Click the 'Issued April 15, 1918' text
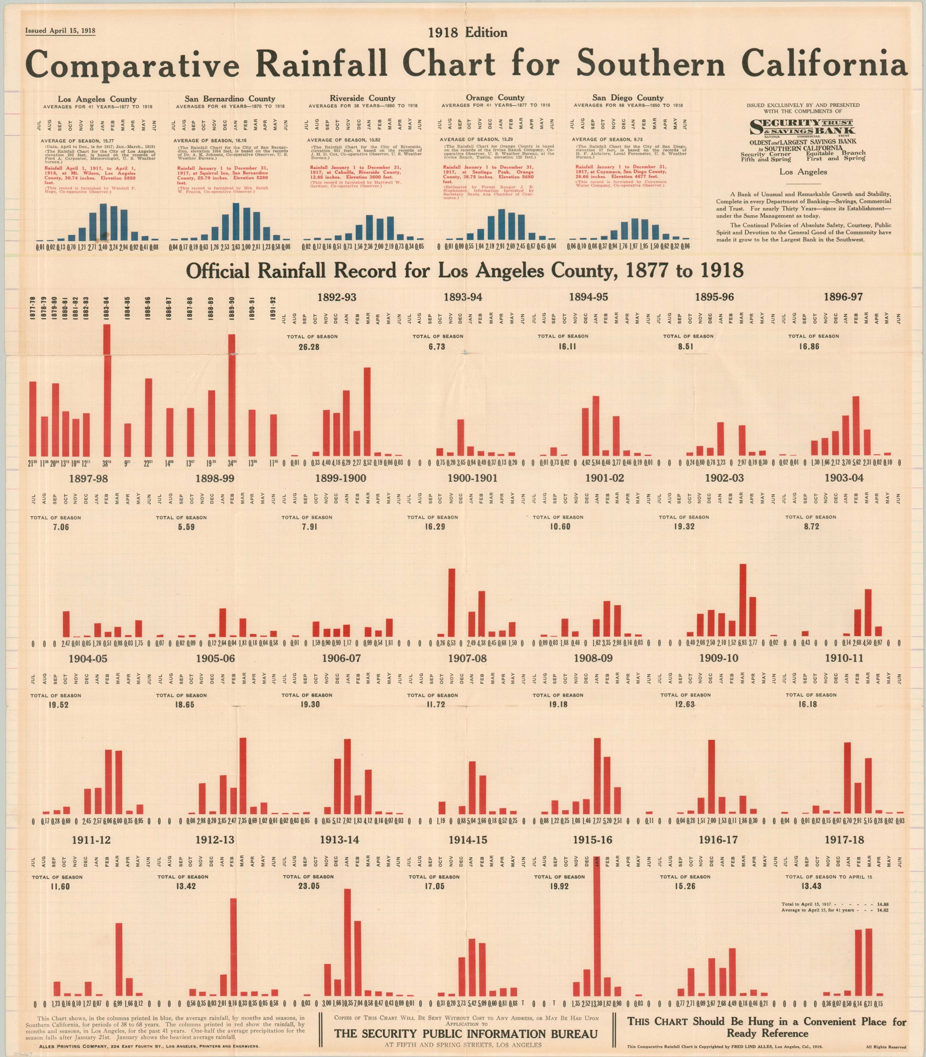(x=60, y=31)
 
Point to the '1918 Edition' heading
(x=468, y=33)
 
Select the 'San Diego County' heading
(x=628, y=97)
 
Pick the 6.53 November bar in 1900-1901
(x=451, y=602)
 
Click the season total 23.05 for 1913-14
(x=309, y=886)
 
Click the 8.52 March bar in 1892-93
(x=368, y=411)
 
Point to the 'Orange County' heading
(x=494, y=97)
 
